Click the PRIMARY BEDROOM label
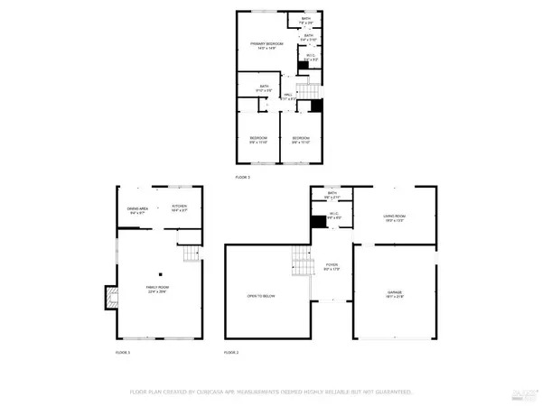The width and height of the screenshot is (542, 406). point(266,46)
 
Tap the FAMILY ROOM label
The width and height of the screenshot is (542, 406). point(159,289)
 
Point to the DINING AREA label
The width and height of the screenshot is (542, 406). point(137,210)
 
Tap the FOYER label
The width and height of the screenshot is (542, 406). point(332,266)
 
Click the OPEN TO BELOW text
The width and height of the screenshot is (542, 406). point(261,293)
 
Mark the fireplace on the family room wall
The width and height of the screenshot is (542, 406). point(111,298)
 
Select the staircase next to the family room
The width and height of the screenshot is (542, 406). point(190,256)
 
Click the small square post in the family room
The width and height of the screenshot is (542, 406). point(160,273)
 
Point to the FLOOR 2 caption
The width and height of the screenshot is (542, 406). point(232,351)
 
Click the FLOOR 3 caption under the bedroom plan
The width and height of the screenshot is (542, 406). point(242,178)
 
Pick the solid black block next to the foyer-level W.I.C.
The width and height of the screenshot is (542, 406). point(317,221)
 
